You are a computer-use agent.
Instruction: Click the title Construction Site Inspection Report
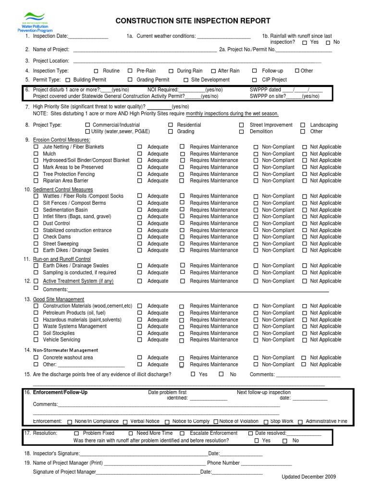coord(193,21)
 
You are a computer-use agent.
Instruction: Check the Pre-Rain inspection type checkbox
coord(130,71)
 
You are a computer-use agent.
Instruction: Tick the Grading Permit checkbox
coord(130,80)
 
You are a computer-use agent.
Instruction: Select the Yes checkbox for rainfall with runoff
coord(305,43)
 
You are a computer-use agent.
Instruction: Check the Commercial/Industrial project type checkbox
coord(87,125)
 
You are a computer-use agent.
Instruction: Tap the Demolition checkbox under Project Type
coord(241,132)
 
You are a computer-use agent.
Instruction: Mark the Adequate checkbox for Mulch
coord(140,154)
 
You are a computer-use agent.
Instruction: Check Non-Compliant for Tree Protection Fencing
coord(256,174)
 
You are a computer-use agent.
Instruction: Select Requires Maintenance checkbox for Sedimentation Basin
coord(182,210)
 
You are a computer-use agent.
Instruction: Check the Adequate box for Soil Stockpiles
coord(140,333)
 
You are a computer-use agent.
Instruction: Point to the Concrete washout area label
coord(68,357)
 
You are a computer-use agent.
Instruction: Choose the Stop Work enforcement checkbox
coord(266,422)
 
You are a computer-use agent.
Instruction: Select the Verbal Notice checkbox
coord(125,422)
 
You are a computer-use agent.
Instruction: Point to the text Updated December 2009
coord(308,477)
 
